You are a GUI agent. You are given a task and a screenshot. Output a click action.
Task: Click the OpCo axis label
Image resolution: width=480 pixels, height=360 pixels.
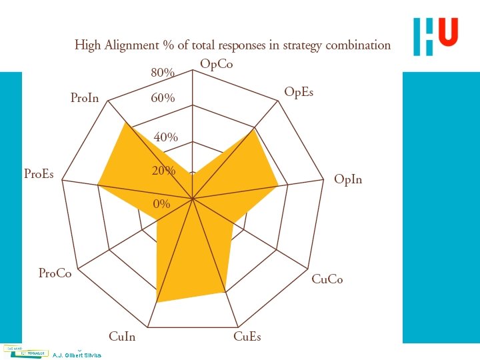coord(217,65)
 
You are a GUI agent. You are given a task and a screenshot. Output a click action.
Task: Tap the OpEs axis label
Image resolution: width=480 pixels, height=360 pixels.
coord(299,91)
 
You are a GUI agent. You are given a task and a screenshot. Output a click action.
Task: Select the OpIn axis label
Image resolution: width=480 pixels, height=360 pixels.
coord(348,179)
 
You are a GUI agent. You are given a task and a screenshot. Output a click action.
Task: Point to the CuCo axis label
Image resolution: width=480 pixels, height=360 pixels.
coord(327,279)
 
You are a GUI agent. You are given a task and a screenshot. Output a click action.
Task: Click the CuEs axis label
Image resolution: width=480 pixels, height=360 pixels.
coord(247,337)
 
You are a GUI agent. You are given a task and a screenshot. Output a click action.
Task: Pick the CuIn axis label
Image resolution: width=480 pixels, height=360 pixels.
coord(121,337)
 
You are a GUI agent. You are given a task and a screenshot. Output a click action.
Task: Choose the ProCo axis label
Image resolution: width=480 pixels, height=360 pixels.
coord(55,273)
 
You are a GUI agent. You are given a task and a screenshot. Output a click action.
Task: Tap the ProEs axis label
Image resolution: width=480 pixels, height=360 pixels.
coord(39,175)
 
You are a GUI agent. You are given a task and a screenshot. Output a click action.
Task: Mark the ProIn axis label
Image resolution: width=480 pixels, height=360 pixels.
coord(85,99)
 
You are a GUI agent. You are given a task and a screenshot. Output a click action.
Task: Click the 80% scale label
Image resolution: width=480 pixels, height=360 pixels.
coord(163,72)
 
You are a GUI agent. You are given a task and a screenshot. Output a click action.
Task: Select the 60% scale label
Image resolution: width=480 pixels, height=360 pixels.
coord(163,98)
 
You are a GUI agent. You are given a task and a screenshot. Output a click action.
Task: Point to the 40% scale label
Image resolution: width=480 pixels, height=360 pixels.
coord(166,137)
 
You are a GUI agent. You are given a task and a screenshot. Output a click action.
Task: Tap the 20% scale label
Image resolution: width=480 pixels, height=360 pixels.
coord(163,171)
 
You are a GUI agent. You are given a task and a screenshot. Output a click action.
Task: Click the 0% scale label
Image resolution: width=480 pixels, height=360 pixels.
coord(161,203)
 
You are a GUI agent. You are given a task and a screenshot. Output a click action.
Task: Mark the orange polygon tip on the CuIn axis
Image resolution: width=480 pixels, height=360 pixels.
coord(157,302)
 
